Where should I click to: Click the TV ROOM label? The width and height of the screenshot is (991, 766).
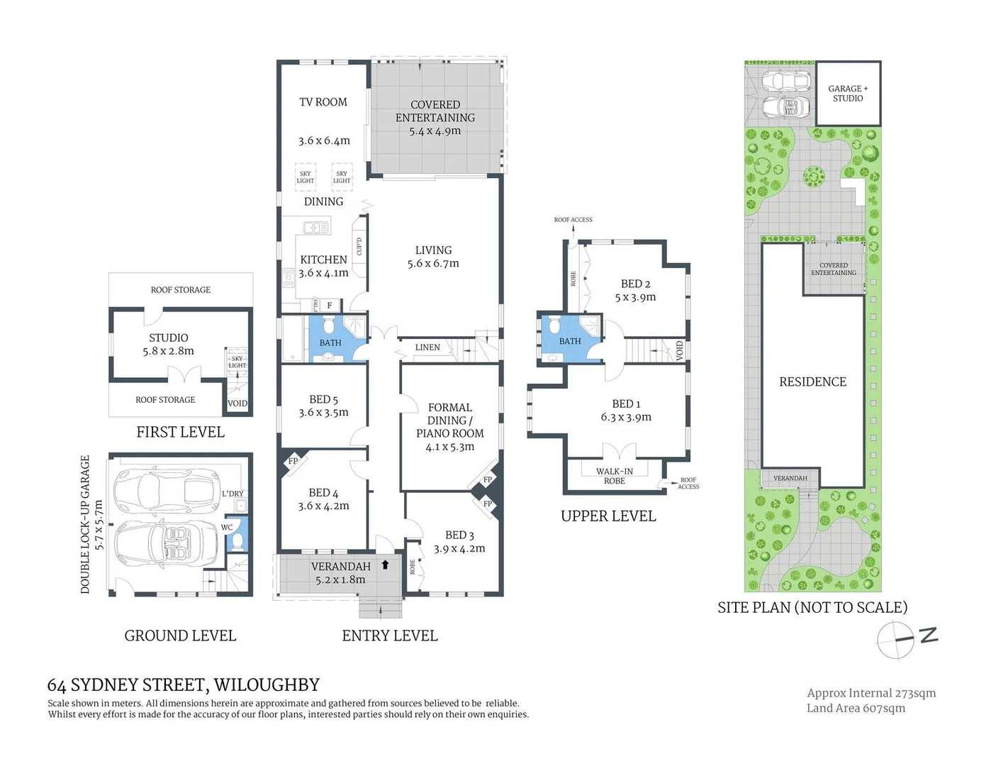pos(323,102)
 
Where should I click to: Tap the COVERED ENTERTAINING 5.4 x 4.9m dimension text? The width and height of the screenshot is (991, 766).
pos(435,131)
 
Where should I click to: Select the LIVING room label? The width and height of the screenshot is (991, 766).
pos(433,250)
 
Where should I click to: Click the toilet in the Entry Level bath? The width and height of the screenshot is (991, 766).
pos(329,326)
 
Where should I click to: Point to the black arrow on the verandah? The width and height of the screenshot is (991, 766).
pos(385,565)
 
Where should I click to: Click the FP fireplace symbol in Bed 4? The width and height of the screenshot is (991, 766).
pos(292,461)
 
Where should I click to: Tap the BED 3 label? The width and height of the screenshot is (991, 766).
pos(459,535)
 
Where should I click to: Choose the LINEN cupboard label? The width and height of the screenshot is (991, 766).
pos(427,348)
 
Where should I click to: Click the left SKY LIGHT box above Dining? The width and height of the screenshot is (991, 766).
pos(305,177)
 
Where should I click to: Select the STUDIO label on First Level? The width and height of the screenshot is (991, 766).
pos(169,338)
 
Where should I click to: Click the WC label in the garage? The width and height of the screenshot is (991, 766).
pos(227,527)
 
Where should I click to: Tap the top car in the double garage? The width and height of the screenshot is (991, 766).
pos(167,489)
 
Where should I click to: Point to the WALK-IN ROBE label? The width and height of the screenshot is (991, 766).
pos(615,476)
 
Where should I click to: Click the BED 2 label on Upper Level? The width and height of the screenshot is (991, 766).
pos(635,284)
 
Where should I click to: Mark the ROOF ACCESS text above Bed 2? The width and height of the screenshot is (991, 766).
pos(573,220)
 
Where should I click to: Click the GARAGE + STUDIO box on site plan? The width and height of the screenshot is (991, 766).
pos(848,94)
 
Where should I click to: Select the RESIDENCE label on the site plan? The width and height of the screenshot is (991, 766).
pos(812,382)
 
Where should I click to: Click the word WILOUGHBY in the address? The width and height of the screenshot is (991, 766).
pos(267,685)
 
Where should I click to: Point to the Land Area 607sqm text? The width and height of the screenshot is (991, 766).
pos(856,708)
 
